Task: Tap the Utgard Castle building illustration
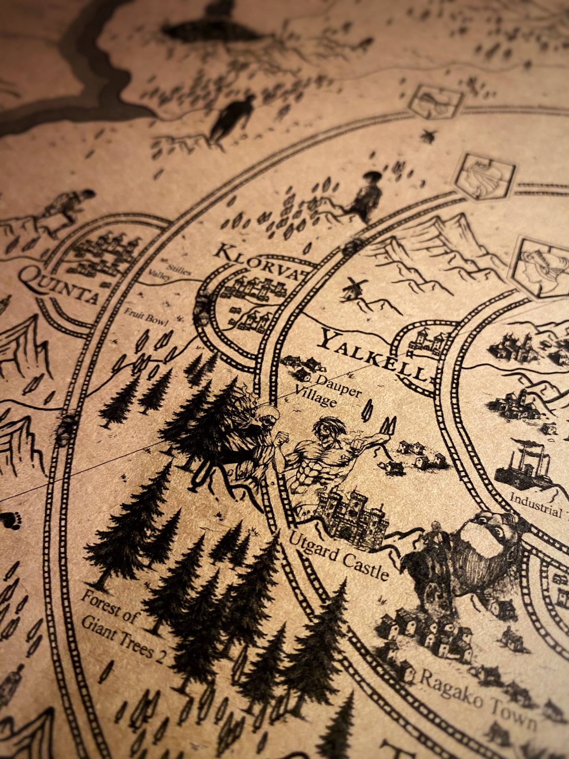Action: [352, 516]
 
